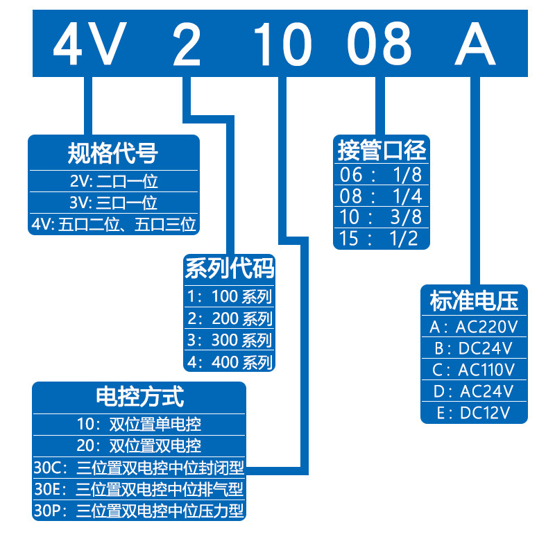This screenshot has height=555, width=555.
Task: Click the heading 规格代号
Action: click(113, 153)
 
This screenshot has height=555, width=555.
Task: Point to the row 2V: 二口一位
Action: click(113, 182)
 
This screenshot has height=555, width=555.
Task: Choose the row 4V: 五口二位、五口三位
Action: click(113, 224)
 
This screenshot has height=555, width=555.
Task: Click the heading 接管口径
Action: click(382, 150)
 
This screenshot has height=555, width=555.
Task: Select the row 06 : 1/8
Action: click(382, 173)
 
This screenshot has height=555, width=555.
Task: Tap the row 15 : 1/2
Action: click(382, 239)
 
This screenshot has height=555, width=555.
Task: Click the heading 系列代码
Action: click(230, 268)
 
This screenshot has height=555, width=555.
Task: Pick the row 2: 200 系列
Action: click(230, 319)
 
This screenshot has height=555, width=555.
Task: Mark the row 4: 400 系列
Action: click(230, 361)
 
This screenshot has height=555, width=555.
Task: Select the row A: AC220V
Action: click(474, 326)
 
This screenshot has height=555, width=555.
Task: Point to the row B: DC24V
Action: click(474, 348)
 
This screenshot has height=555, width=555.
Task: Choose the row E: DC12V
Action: click(474, 413)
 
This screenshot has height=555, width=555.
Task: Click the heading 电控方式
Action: click(139, 397)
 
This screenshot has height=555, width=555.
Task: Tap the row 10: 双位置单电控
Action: click(139, 422)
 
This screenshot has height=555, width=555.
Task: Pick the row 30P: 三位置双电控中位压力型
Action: click(139, 511)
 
